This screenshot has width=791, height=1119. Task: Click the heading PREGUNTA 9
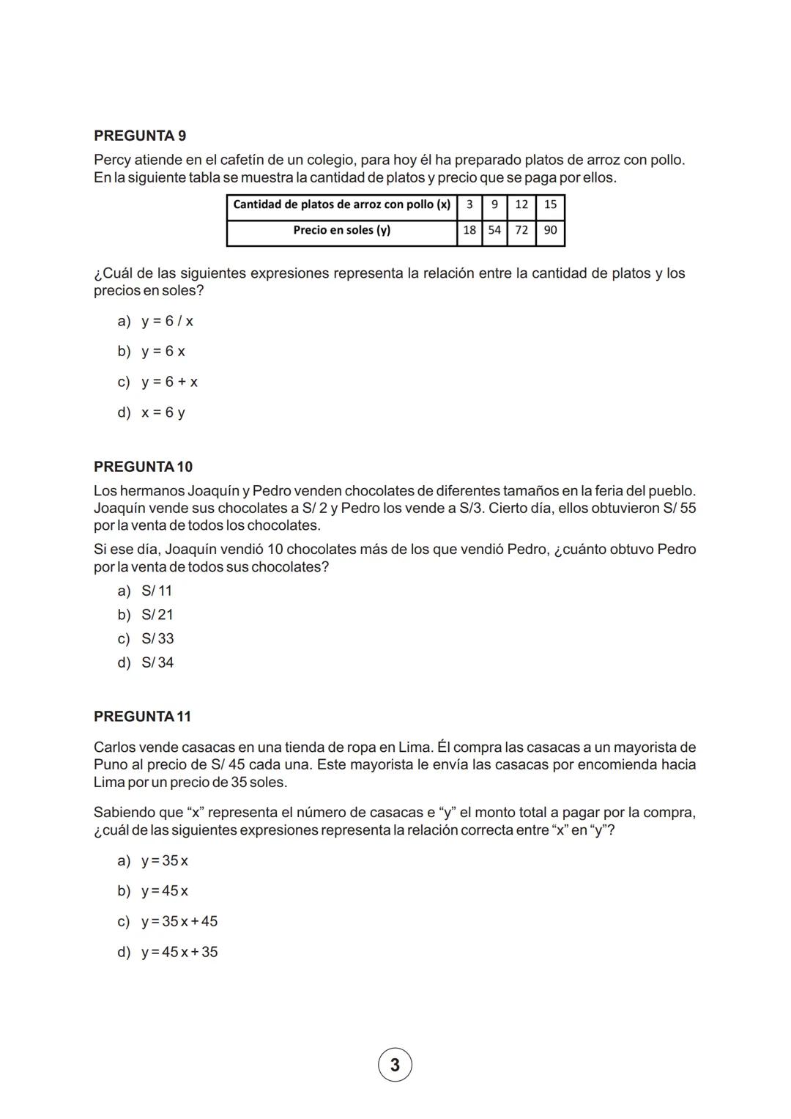pyautogui.click(x=140, y=136)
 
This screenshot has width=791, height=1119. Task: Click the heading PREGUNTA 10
pyautogui.click(x=144, y=467)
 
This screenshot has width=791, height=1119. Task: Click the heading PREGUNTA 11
pyautogui.click(x=143, y=717)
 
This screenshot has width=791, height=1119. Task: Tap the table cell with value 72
pyautogui.click(x=521, y=230)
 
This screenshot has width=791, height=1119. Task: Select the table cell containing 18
pyautogui.click(x=469, y=230)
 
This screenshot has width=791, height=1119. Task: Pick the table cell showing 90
pyautogui.click(x=550, y=230)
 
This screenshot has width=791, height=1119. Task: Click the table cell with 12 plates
pyautogui.click(x=521, y=204)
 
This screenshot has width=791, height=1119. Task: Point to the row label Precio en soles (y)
pyautogui.click(x=341, y=230)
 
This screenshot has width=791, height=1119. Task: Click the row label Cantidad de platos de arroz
pyautogui.click(x=341, y=204)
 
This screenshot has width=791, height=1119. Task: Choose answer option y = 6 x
pyautogui.click(x=163, y=352)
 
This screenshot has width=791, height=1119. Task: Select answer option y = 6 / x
pyautogui.click(x=167, y=322)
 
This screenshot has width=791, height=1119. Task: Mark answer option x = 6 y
pyautogui.click(x=163, y=413)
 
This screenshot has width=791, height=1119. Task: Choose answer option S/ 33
pyautogui.click(x=157, y=639)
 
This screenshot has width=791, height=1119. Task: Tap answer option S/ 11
pyautogui.click(x=156, y=591)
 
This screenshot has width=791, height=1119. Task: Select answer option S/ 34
pyautogui.click(x=157, y=662)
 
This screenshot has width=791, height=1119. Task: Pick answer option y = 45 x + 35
pyautogui.click(x=179, y=952)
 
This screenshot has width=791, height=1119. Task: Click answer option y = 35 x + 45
pyautogui.click(x=179, y=921)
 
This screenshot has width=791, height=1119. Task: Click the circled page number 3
pyautogui.click(x=395, y=1065)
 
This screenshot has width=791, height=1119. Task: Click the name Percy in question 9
pyautogui.click(x=112, y=160)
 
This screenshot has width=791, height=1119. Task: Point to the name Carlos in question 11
pyautogui.click(x=114, y=747)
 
